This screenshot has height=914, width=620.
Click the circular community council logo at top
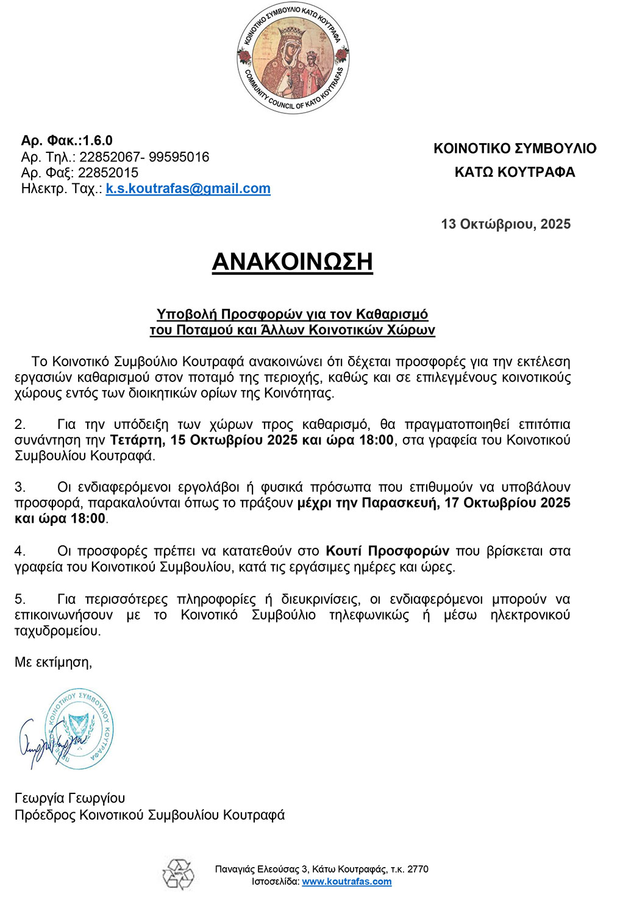coord(293,58)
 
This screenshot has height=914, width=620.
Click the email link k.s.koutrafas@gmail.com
coord(188,189)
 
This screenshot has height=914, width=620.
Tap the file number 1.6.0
coord(98,141)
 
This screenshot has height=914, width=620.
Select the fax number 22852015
coord(108,173)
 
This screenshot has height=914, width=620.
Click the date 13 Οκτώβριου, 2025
coord(505,224)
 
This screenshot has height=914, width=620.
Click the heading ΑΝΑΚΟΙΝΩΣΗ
coord(292,262)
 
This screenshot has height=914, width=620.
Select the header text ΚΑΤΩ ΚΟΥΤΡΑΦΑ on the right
coord(515,172)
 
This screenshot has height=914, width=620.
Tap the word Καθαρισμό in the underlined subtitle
coord(392,314)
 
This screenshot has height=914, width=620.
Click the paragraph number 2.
coord(20,425)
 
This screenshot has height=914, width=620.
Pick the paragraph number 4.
coord(20,551)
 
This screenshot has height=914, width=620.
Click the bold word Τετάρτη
coord(135,441)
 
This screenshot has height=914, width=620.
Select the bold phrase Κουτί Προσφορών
coord(387,551)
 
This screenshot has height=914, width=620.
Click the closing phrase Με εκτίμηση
coord(53,662)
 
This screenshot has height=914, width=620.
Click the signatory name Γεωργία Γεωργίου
coord(69,798)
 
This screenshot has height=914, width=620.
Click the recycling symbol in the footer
coord(178,874)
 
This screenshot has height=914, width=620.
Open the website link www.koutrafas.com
coord(346,882)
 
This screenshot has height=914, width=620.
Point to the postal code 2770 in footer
coord(418,870)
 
